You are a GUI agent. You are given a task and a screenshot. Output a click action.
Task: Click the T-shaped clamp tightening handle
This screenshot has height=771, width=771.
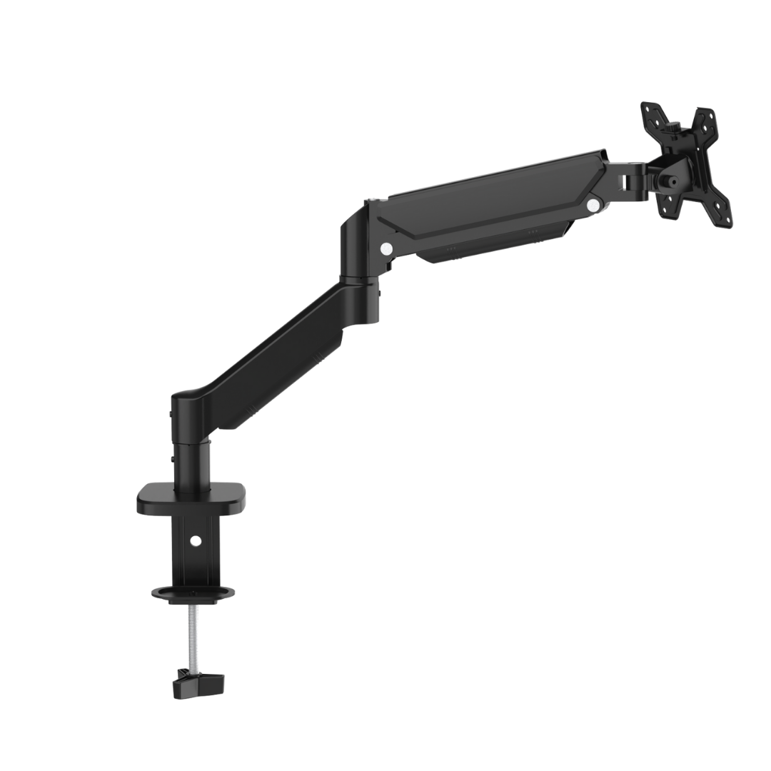point(198,684)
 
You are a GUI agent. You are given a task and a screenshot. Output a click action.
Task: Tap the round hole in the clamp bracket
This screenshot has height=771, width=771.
point(196,541)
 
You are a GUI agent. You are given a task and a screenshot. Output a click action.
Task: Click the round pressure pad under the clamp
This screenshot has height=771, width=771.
point(193,593)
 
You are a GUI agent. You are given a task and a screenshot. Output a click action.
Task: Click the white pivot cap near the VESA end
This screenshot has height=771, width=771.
point(593,205)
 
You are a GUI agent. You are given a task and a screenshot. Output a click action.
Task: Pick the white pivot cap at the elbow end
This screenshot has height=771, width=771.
point(386,248)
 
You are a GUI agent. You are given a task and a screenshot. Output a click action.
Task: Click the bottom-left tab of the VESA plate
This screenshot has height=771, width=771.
point(671,207)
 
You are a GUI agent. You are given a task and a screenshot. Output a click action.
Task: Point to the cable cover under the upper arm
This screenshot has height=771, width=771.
point(493,246)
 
